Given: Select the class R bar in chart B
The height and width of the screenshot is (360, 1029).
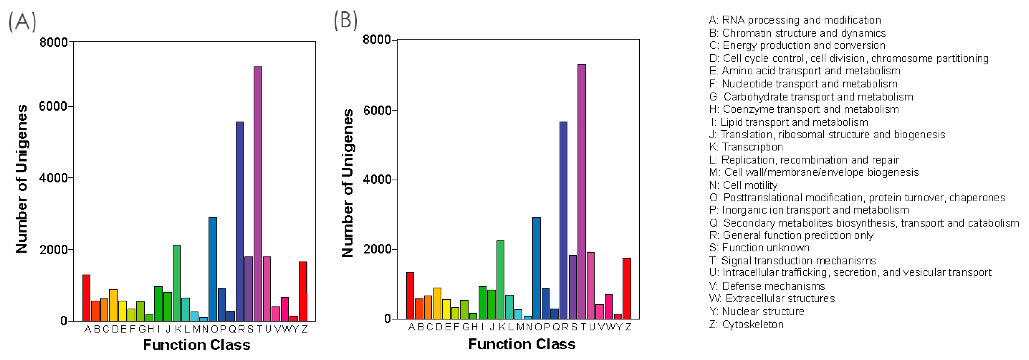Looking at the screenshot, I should [563, 220].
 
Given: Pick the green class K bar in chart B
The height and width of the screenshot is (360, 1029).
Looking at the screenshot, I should [500, 280].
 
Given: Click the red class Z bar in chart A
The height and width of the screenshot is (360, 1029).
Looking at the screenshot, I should [303, 291].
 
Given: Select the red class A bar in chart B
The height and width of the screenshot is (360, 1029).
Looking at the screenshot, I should [410, 296].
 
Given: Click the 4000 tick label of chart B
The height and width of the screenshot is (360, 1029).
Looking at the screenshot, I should [377, 179].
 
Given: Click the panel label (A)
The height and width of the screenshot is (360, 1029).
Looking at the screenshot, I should [22, 21].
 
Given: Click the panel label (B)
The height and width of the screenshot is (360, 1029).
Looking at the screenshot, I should [345, 20].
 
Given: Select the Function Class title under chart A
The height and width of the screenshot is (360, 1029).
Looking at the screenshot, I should [196, 344].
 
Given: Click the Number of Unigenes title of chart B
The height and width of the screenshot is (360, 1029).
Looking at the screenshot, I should [347, 183].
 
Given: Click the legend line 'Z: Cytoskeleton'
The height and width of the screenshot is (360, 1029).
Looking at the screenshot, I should [746, 324].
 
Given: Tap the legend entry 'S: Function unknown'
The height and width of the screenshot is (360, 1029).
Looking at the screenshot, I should [759, 248].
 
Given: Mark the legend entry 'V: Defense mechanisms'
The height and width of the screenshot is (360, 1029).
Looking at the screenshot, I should [767, 286].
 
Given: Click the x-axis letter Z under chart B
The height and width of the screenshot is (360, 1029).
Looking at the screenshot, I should [628, 327].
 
